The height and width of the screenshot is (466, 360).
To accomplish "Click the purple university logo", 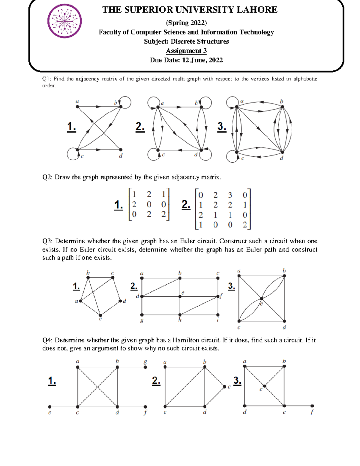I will coord(64,21).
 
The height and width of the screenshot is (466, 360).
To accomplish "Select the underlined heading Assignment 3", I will coord(186,51).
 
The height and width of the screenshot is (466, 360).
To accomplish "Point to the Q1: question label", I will coord(47,79).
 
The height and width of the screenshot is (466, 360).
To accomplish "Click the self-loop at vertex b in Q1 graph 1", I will coord(126,102).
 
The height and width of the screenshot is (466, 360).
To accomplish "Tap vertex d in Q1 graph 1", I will coord(121,149).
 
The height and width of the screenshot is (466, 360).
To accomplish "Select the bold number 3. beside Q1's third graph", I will coord(222,127).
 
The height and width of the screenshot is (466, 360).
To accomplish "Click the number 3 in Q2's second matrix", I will coord(230,195).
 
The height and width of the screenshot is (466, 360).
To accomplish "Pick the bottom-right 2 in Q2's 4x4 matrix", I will coord(245,225).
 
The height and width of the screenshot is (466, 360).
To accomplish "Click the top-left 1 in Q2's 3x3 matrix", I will coord(134,194).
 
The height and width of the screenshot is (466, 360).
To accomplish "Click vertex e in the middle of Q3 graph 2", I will coord(180,296).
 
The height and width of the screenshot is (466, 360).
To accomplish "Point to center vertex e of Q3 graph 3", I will coord(262,299).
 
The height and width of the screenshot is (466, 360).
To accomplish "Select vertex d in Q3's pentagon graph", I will coord(120,301).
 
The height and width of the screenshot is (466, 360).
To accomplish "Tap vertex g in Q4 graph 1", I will coord(145,367).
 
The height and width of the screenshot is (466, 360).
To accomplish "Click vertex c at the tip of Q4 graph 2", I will coord(224,387).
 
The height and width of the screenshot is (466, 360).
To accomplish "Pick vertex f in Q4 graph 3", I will coord(312,406).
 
